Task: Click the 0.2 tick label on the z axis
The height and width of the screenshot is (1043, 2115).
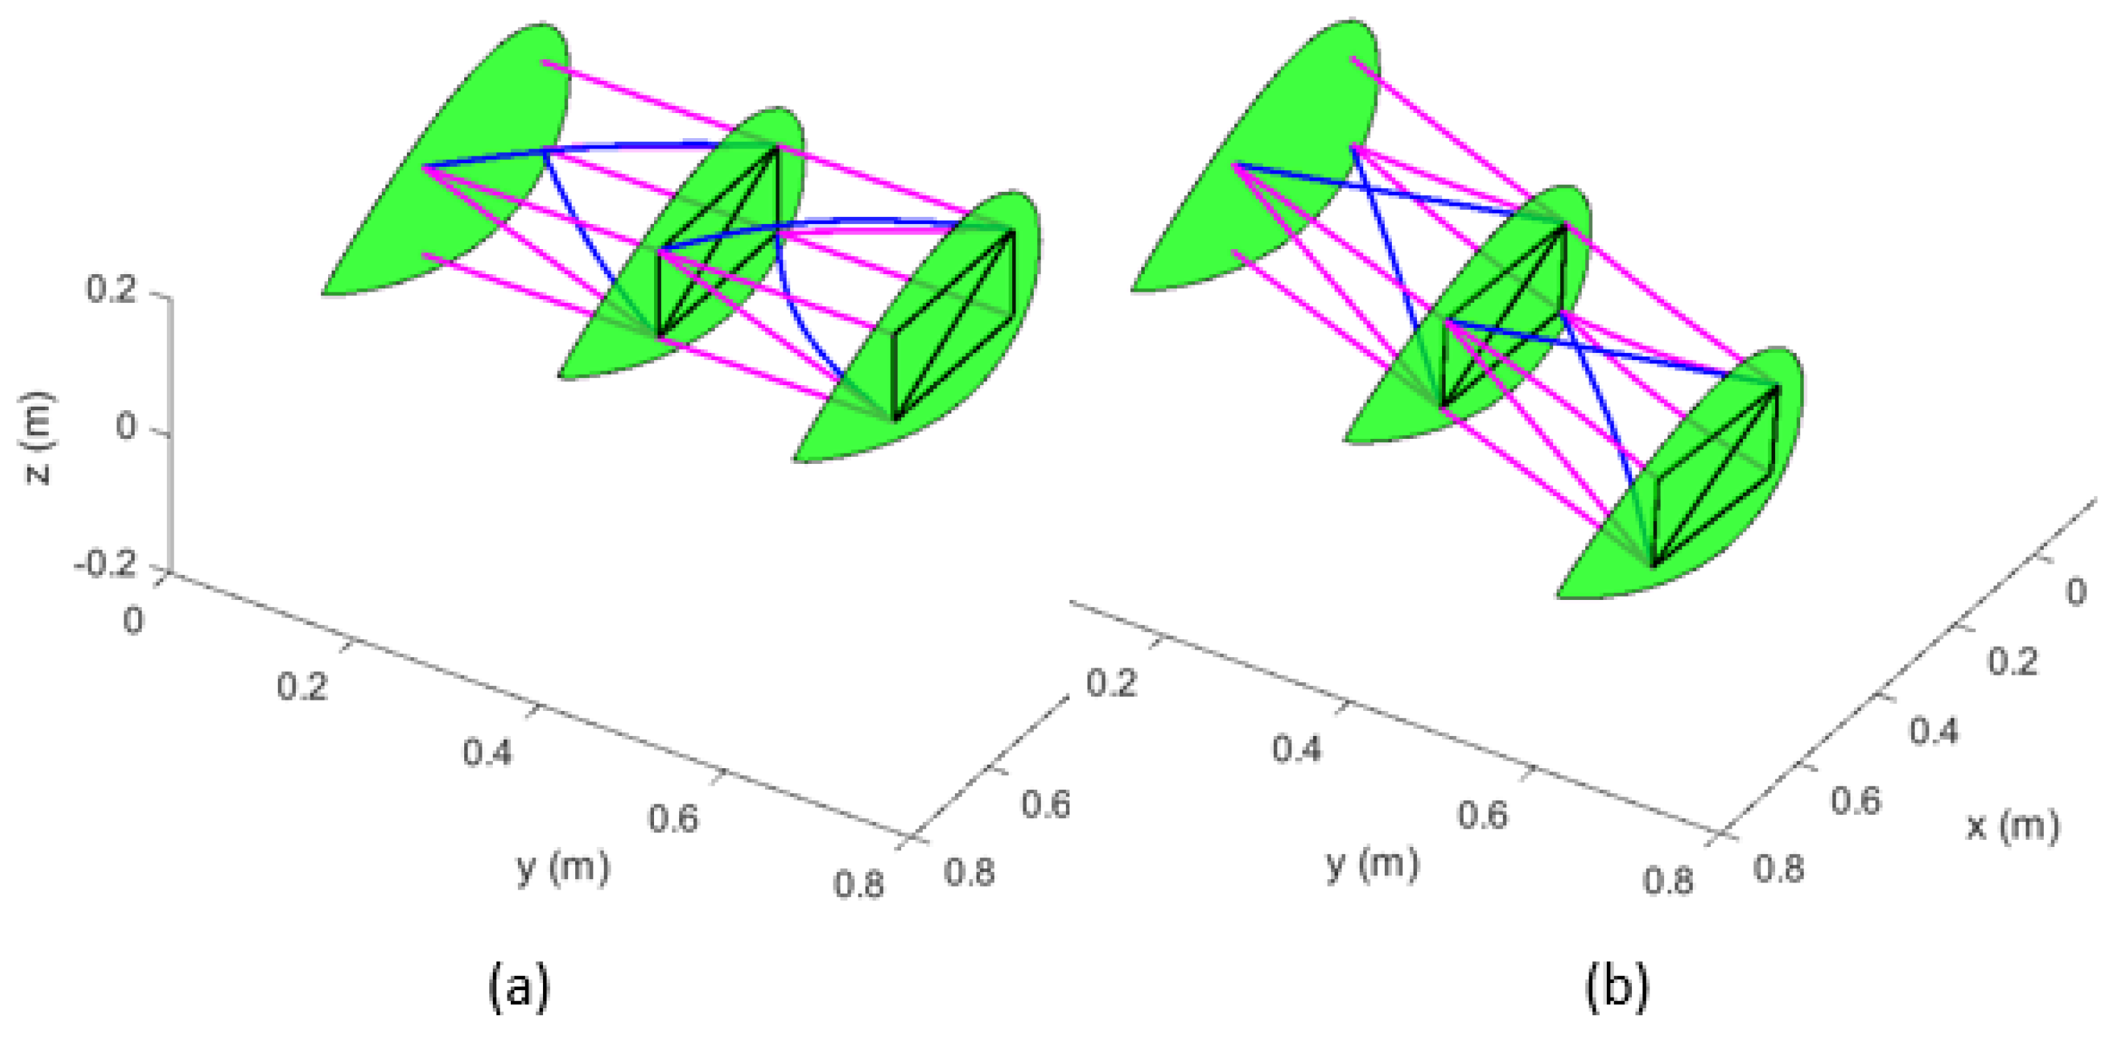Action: click(x=112, y=290)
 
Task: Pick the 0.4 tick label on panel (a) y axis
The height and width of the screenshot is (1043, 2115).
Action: click(x=488, y=751)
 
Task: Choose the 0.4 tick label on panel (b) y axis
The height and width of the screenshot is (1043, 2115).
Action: click(x=1297, y=749)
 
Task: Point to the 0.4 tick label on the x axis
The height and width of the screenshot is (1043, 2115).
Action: click(x=1934, y=730)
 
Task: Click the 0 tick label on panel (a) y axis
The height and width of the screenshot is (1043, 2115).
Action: click(x=133, y=621)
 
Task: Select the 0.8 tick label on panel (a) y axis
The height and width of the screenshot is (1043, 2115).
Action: click(x=859, y=885)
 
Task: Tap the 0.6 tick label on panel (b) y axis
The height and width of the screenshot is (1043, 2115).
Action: click(x=1483, y=815)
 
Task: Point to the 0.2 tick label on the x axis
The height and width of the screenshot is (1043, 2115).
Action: click(x=2013, y=661)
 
